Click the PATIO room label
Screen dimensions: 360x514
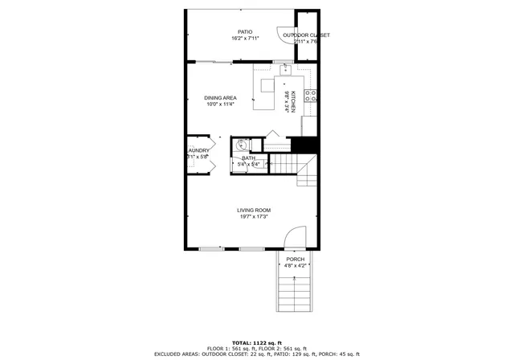click(x=245, y=32)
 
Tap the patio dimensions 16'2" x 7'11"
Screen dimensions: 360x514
click(x=245, y=39)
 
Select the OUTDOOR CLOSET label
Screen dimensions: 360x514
click(x=306, y=35)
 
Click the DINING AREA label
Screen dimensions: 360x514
click(x=220, y=98)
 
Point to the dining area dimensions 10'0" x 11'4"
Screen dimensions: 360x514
click(x=220, y=104)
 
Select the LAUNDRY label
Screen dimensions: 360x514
click(x=198, y=150)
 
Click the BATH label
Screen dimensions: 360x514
click(x=249, y=158)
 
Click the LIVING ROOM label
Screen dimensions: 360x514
click(x=253, y=210)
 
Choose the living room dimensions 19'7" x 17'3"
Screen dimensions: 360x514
click(x=253, y=216)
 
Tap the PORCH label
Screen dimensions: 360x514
click(x=296, y=259)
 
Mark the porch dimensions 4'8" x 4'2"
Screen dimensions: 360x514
click(x=296, y=265)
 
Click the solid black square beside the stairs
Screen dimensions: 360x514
click(x=300, y=145)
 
